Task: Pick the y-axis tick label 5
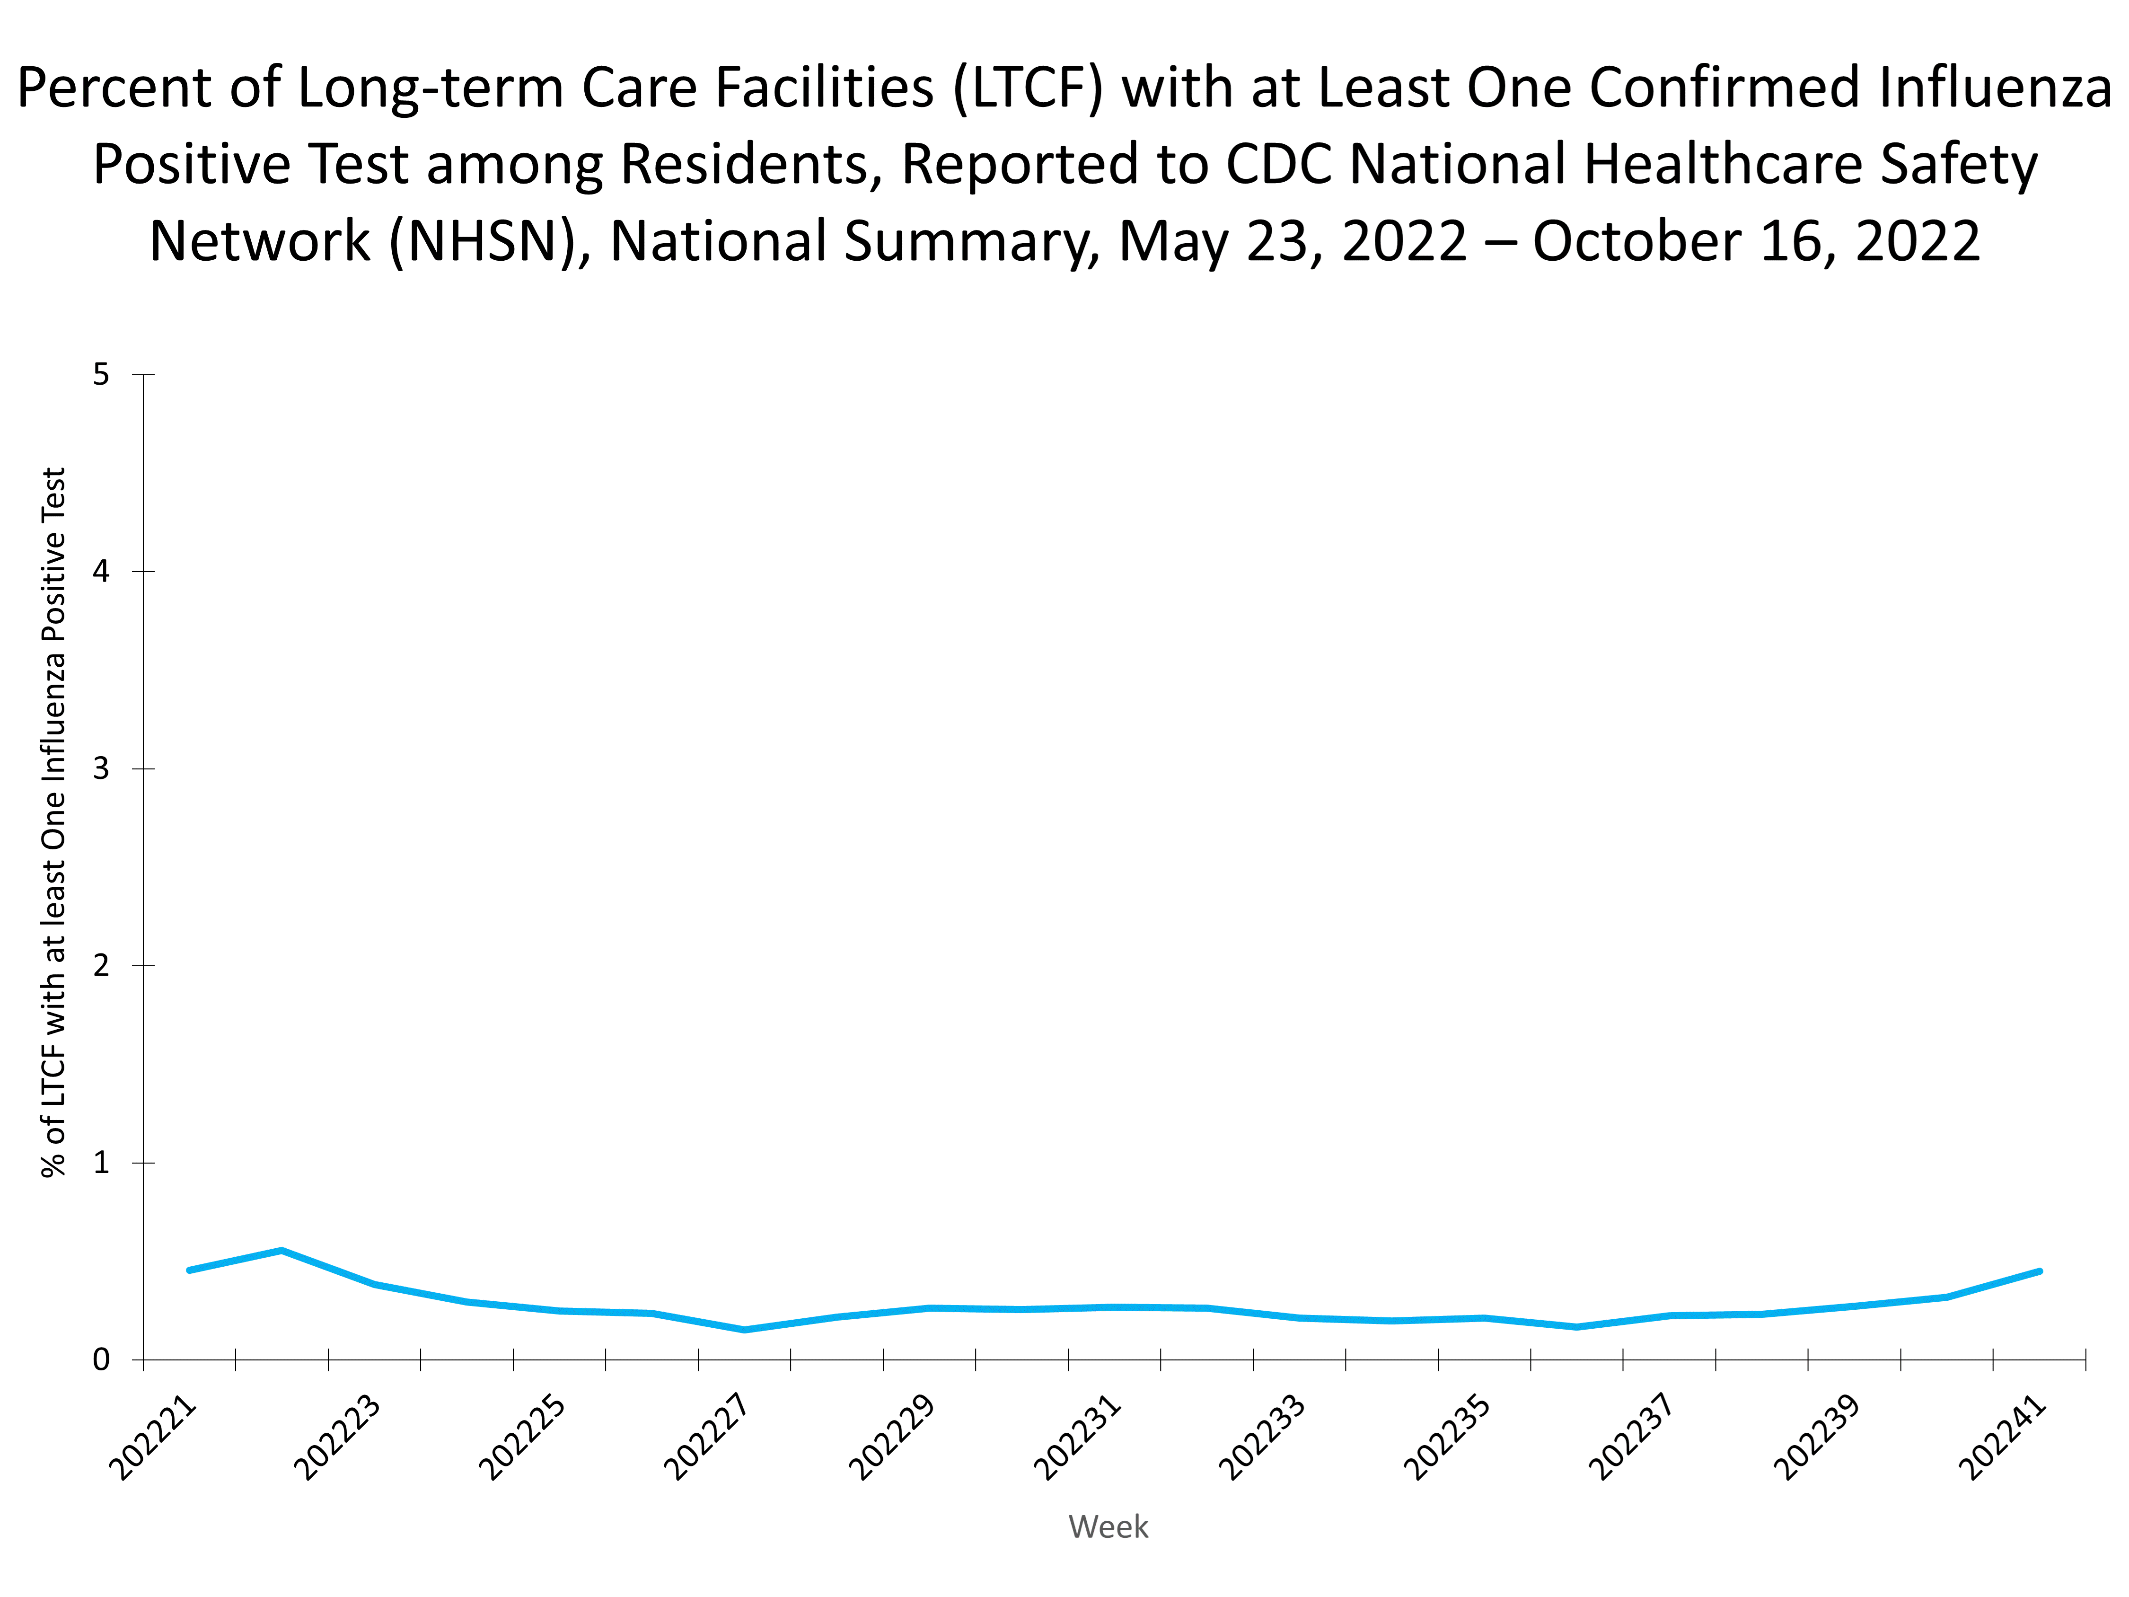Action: (x=101, y=374)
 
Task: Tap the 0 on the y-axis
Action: (x=101, y=1360)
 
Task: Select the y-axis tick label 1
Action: (x=101, y=1163)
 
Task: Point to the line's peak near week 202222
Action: (x=281, y=1251)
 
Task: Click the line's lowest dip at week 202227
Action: (x=744, y=1329)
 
